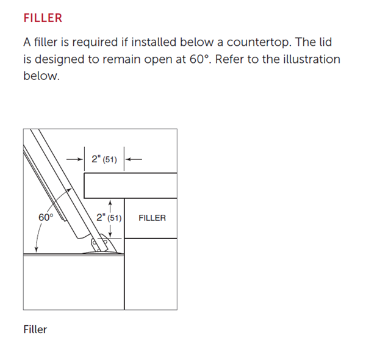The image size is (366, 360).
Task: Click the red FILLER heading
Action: coord(43,18)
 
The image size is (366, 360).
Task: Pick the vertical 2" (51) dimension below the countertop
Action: coord(109,218)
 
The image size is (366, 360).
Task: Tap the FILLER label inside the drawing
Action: coord(152,218)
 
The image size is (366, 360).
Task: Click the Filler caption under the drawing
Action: coord(35,329)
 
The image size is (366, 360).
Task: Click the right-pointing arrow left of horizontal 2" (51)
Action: coord(75,160)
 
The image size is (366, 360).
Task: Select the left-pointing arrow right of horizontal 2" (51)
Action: coord(134,160)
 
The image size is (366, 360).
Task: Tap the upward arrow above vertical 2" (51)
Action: coord(110,203)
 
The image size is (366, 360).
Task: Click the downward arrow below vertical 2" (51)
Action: coord(110,232)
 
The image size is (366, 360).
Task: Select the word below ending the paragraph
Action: coord(41,77)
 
